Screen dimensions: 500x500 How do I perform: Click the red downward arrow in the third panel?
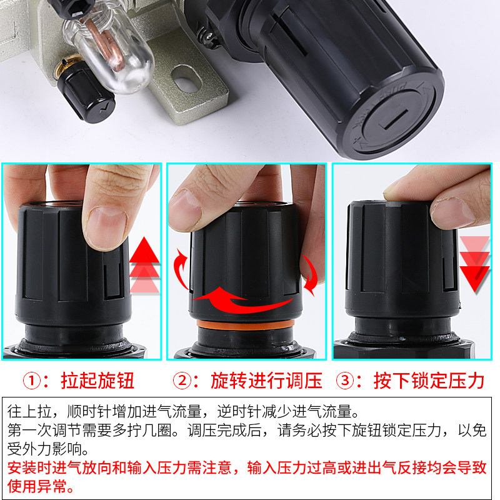tap(474, 262)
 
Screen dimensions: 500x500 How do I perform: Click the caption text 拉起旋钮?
tap(97, 379)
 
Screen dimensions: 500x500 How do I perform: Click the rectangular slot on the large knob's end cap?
tap(387, 118)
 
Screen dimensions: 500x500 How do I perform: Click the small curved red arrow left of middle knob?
tap(181, 269)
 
